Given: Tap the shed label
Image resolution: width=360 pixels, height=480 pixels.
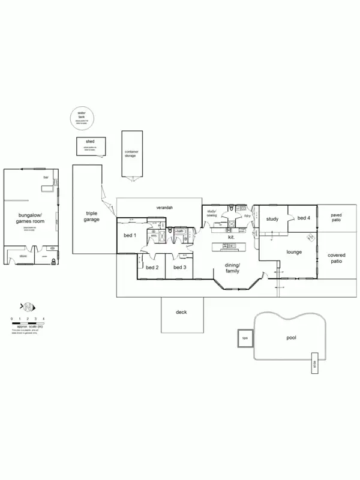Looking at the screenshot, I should point(90,142).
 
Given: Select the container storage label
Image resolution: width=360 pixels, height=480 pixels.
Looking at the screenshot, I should point(131,154).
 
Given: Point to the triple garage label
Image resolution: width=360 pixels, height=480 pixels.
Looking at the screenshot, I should point(92,216).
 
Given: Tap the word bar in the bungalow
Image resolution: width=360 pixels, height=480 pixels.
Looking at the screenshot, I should point(46,178).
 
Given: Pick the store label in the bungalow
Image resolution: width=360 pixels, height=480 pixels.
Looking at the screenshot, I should point(23,256).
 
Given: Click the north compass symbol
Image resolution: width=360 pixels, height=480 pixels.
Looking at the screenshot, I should point(27,304).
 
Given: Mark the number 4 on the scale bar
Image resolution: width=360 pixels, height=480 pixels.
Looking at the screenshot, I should point(44,318).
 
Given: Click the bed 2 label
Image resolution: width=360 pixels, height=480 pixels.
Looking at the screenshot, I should point(152,267).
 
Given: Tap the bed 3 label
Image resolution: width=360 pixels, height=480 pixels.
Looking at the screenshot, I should point(180,267).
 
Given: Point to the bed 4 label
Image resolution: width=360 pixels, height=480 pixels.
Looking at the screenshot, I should point(304,218).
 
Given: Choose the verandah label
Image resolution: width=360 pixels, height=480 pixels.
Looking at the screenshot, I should point(164,207).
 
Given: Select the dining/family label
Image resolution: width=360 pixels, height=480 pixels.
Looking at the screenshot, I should point(232,268).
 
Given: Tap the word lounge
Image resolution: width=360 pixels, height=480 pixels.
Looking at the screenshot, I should point(293,252).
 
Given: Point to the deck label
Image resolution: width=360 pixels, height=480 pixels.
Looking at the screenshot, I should point(181,313).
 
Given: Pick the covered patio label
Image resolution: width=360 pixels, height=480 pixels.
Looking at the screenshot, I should point(336,259).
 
